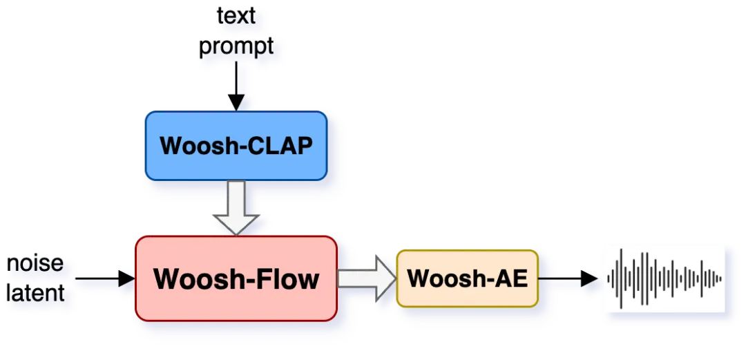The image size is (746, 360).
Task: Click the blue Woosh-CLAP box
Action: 236,146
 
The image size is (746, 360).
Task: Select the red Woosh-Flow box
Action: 236,278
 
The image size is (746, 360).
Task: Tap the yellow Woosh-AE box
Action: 467,278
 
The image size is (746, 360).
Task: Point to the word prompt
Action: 236,47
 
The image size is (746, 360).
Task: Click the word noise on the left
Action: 35,263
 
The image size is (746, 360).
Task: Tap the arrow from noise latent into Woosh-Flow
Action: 104,278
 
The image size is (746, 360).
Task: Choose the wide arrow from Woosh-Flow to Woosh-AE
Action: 365,278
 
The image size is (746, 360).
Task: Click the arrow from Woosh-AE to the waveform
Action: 568,278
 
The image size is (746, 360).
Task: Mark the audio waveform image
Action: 664,278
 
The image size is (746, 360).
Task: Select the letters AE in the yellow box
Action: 511,278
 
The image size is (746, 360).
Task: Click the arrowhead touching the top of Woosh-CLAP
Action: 236,104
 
